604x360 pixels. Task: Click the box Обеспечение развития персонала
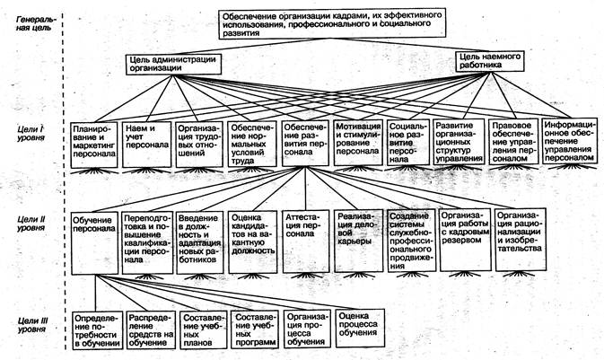[305, 142]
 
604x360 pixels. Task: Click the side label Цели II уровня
[31, 223]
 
